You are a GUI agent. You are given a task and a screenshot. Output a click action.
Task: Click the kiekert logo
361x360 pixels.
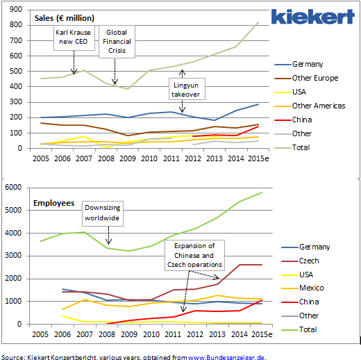tap(312, 17)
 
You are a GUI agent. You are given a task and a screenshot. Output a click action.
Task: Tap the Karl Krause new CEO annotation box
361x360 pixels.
tap(74, 38)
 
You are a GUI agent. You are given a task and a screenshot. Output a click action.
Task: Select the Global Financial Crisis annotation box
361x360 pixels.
tap(117, 42)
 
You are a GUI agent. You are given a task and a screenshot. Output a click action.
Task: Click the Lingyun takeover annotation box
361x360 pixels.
tap(187, 89)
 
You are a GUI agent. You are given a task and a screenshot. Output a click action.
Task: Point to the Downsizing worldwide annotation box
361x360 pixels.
tap(103, 213)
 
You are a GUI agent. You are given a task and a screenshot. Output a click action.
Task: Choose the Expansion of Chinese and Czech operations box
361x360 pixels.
tap(194, 255)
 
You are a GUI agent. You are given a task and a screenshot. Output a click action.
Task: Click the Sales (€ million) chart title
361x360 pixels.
tap(65, 18)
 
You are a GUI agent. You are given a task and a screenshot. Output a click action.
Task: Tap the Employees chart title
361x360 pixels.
tap(53, 203)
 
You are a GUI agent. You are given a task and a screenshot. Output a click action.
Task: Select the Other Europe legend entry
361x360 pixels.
tap(306, 78)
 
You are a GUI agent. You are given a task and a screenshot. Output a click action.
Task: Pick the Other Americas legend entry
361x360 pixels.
tap(310, 106)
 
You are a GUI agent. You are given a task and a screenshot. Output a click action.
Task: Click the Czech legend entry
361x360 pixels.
tap(300, 261)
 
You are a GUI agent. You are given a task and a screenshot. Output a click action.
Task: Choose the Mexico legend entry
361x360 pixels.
tap(303, 288)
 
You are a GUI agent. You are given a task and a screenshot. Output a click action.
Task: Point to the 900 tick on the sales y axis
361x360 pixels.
tap(16, 10)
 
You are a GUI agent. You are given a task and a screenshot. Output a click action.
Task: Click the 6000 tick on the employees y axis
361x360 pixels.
tap(13, 187)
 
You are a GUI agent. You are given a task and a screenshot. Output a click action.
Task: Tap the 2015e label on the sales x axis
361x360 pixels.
tap(258, 158)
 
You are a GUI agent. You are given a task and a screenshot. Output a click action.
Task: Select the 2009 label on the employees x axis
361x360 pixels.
tap(129, 334)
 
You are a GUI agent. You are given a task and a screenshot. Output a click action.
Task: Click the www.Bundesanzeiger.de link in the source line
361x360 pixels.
tap(226, 357)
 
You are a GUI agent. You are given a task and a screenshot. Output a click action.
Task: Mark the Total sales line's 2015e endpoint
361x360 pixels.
tap(258, 22)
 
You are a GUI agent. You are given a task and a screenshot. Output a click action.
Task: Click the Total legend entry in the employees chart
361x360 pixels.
tap(299, 329)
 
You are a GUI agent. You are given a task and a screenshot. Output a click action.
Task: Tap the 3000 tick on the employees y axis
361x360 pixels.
tap(13, 256)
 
